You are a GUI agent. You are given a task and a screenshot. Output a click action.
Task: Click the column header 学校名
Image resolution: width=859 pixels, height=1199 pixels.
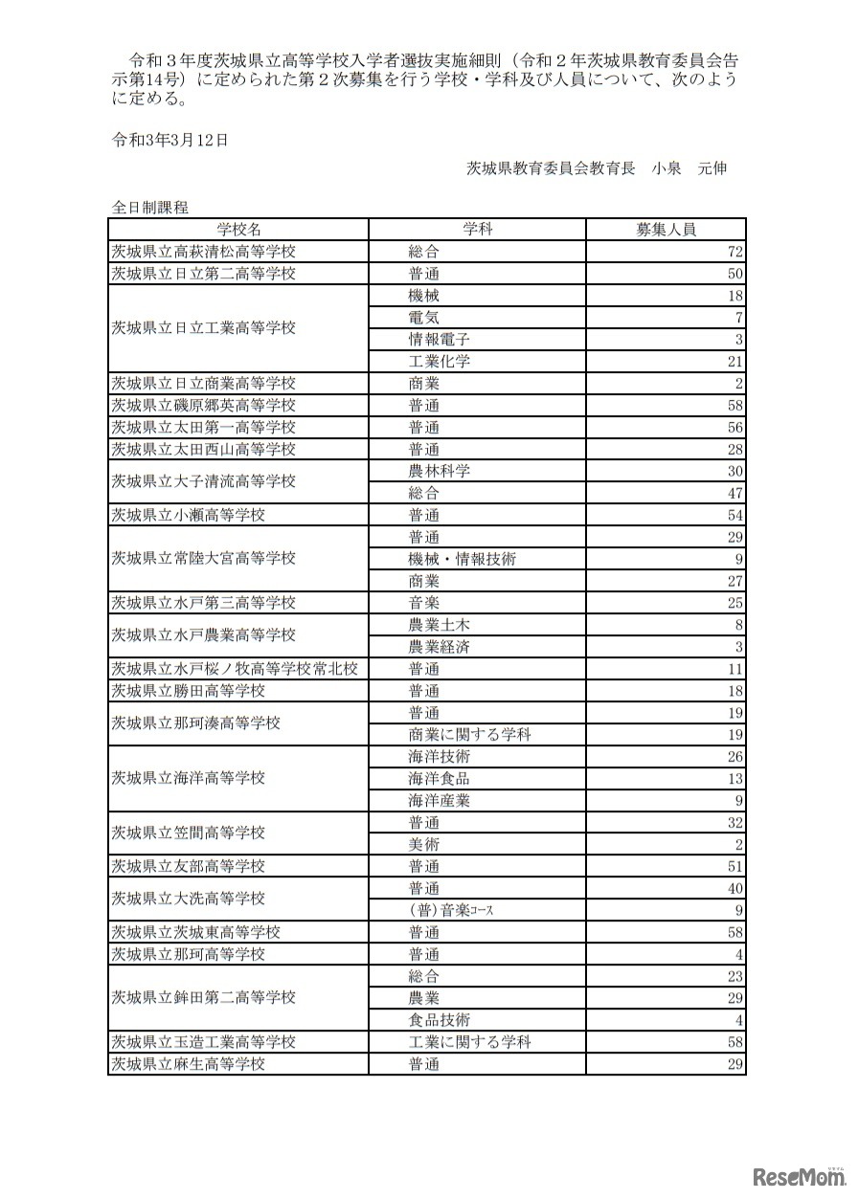coord(237,230)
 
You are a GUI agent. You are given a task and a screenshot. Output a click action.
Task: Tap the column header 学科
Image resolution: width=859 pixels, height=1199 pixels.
coord(477,230)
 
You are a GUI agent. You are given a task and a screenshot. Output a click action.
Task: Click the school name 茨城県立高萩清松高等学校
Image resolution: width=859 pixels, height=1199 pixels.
coord(204,252)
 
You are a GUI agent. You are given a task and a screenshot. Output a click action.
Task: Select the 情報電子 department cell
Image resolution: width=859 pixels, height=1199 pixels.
coord(439,340)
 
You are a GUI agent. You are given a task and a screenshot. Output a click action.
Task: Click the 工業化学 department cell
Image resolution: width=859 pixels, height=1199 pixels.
coord(439,362)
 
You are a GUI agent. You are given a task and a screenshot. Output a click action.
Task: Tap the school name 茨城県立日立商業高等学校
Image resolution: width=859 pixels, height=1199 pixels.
coord(204,384)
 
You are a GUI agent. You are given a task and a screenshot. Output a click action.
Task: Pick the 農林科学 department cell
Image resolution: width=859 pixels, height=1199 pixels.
coord(439,472)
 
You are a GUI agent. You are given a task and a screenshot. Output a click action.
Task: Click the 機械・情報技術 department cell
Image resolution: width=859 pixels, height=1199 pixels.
coord(462,559)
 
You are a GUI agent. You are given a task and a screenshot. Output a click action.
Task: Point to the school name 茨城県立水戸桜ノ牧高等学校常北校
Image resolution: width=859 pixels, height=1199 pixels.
coord(235,669)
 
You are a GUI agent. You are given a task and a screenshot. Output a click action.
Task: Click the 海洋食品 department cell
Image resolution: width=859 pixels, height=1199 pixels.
coord(439,779)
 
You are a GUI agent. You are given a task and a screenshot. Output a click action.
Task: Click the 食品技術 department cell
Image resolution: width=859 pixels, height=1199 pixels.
coord(439,1020)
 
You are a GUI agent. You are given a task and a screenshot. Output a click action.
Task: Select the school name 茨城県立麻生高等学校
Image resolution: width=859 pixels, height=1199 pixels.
coord(189,1064)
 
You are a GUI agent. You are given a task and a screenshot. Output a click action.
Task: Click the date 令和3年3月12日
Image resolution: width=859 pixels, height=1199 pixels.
coord(170,140)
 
